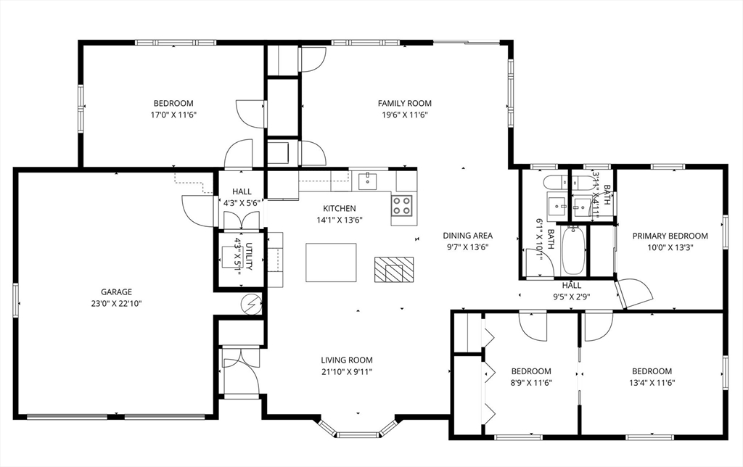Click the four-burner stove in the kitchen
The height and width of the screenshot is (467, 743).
[403, 206]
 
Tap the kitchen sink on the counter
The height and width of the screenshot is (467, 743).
[369, 179]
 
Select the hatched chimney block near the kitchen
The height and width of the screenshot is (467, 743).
[394, 270]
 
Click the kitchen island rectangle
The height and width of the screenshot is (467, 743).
[332, 262]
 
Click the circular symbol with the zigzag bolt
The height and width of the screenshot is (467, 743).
[252, 303]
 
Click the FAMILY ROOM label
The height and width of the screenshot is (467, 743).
[404, 103]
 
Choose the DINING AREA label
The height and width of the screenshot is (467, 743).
[467, 235]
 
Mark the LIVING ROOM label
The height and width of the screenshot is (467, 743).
[347, 360]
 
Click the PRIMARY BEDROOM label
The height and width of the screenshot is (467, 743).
[670, 236]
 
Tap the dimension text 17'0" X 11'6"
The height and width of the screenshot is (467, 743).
[173, 115]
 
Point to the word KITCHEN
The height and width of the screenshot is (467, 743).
[339, 208]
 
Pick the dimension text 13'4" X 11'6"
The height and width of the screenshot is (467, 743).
[651, 383]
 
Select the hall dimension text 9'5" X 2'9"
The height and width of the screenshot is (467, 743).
[572, 296]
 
